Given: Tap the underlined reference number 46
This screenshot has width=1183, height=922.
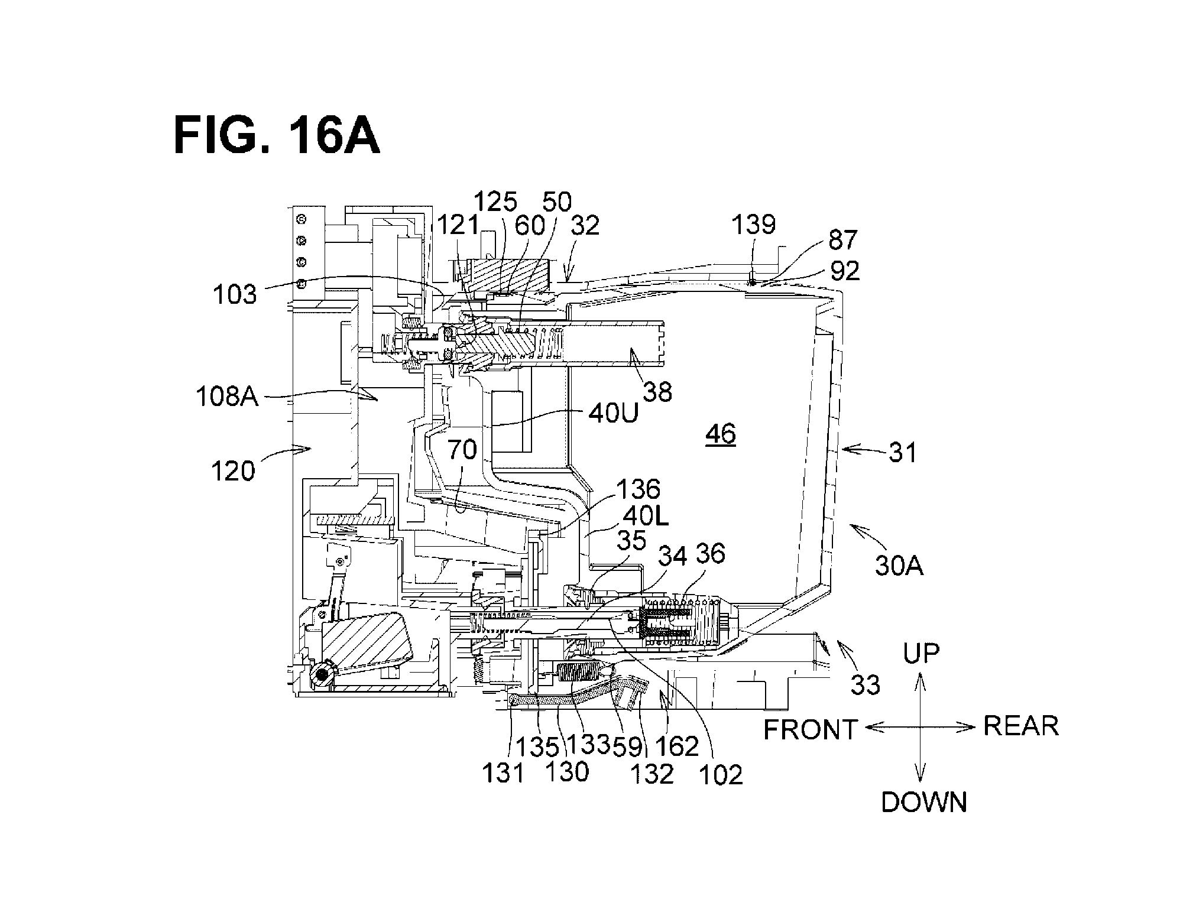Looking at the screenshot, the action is click(720, 434).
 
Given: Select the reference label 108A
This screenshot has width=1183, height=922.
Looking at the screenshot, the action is click(228, 397).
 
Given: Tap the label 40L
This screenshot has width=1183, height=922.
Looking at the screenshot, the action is click(646, 518).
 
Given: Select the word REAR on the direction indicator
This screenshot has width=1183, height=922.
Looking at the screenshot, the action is click(1021, 725).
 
